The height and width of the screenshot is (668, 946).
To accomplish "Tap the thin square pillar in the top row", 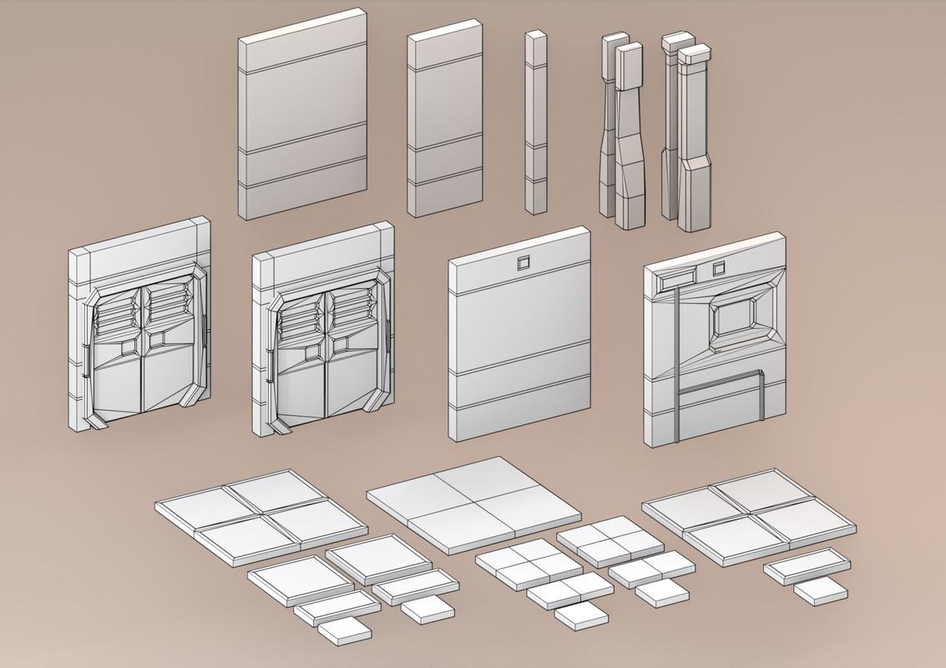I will [535, 123].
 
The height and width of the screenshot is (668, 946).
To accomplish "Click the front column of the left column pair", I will [630, 142].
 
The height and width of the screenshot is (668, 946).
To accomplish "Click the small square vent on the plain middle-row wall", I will [524, 264].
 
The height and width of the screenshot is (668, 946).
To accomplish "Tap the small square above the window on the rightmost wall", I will [718, 268].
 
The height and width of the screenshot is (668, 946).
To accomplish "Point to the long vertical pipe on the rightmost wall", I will [677, 359].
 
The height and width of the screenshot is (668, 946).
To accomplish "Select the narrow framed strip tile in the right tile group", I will [807, 566].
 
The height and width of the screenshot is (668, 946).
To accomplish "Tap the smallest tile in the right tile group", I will [820, 591].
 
